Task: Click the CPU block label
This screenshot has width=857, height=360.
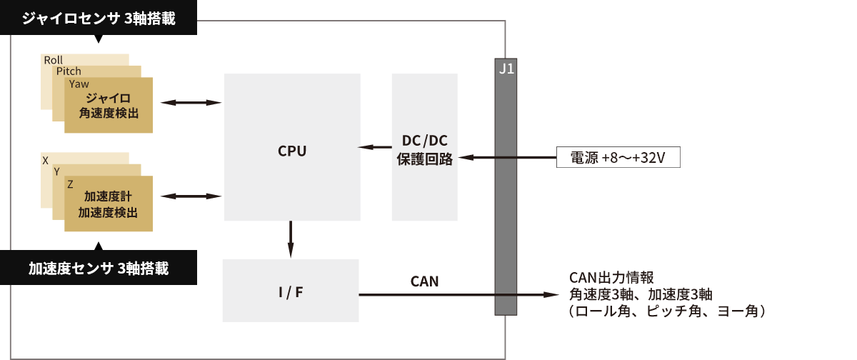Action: [291, 151]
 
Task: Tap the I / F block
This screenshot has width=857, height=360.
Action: [290, 291]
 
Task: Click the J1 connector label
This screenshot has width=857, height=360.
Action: [506, 69]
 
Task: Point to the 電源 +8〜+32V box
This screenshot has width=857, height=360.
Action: [618, 157]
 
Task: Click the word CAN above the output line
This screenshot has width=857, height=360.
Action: [424, 281]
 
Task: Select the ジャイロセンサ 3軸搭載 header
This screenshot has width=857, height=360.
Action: [99, 18]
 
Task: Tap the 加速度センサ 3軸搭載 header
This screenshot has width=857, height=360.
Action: [99, 269]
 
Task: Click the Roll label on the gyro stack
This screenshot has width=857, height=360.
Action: [54, 60]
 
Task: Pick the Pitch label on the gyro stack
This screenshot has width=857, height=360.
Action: [69, 71]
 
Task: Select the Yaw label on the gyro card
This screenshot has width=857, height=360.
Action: [79, 84]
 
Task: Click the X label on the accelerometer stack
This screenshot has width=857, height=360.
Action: [46, 160]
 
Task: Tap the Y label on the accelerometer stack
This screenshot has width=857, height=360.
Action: [57, 171]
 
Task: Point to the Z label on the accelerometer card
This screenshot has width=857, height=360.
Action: [70, 184]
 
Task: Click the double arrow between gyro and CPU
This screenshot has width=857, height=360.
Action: [191, 103]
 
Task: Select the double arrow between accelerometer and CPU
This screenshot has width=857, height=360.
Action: [191, 196]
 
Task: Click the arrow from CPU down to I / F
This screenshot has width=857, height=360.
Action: [291, 240]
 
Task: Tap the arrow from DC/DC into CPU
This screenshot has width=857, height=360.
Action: [374, 147]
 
